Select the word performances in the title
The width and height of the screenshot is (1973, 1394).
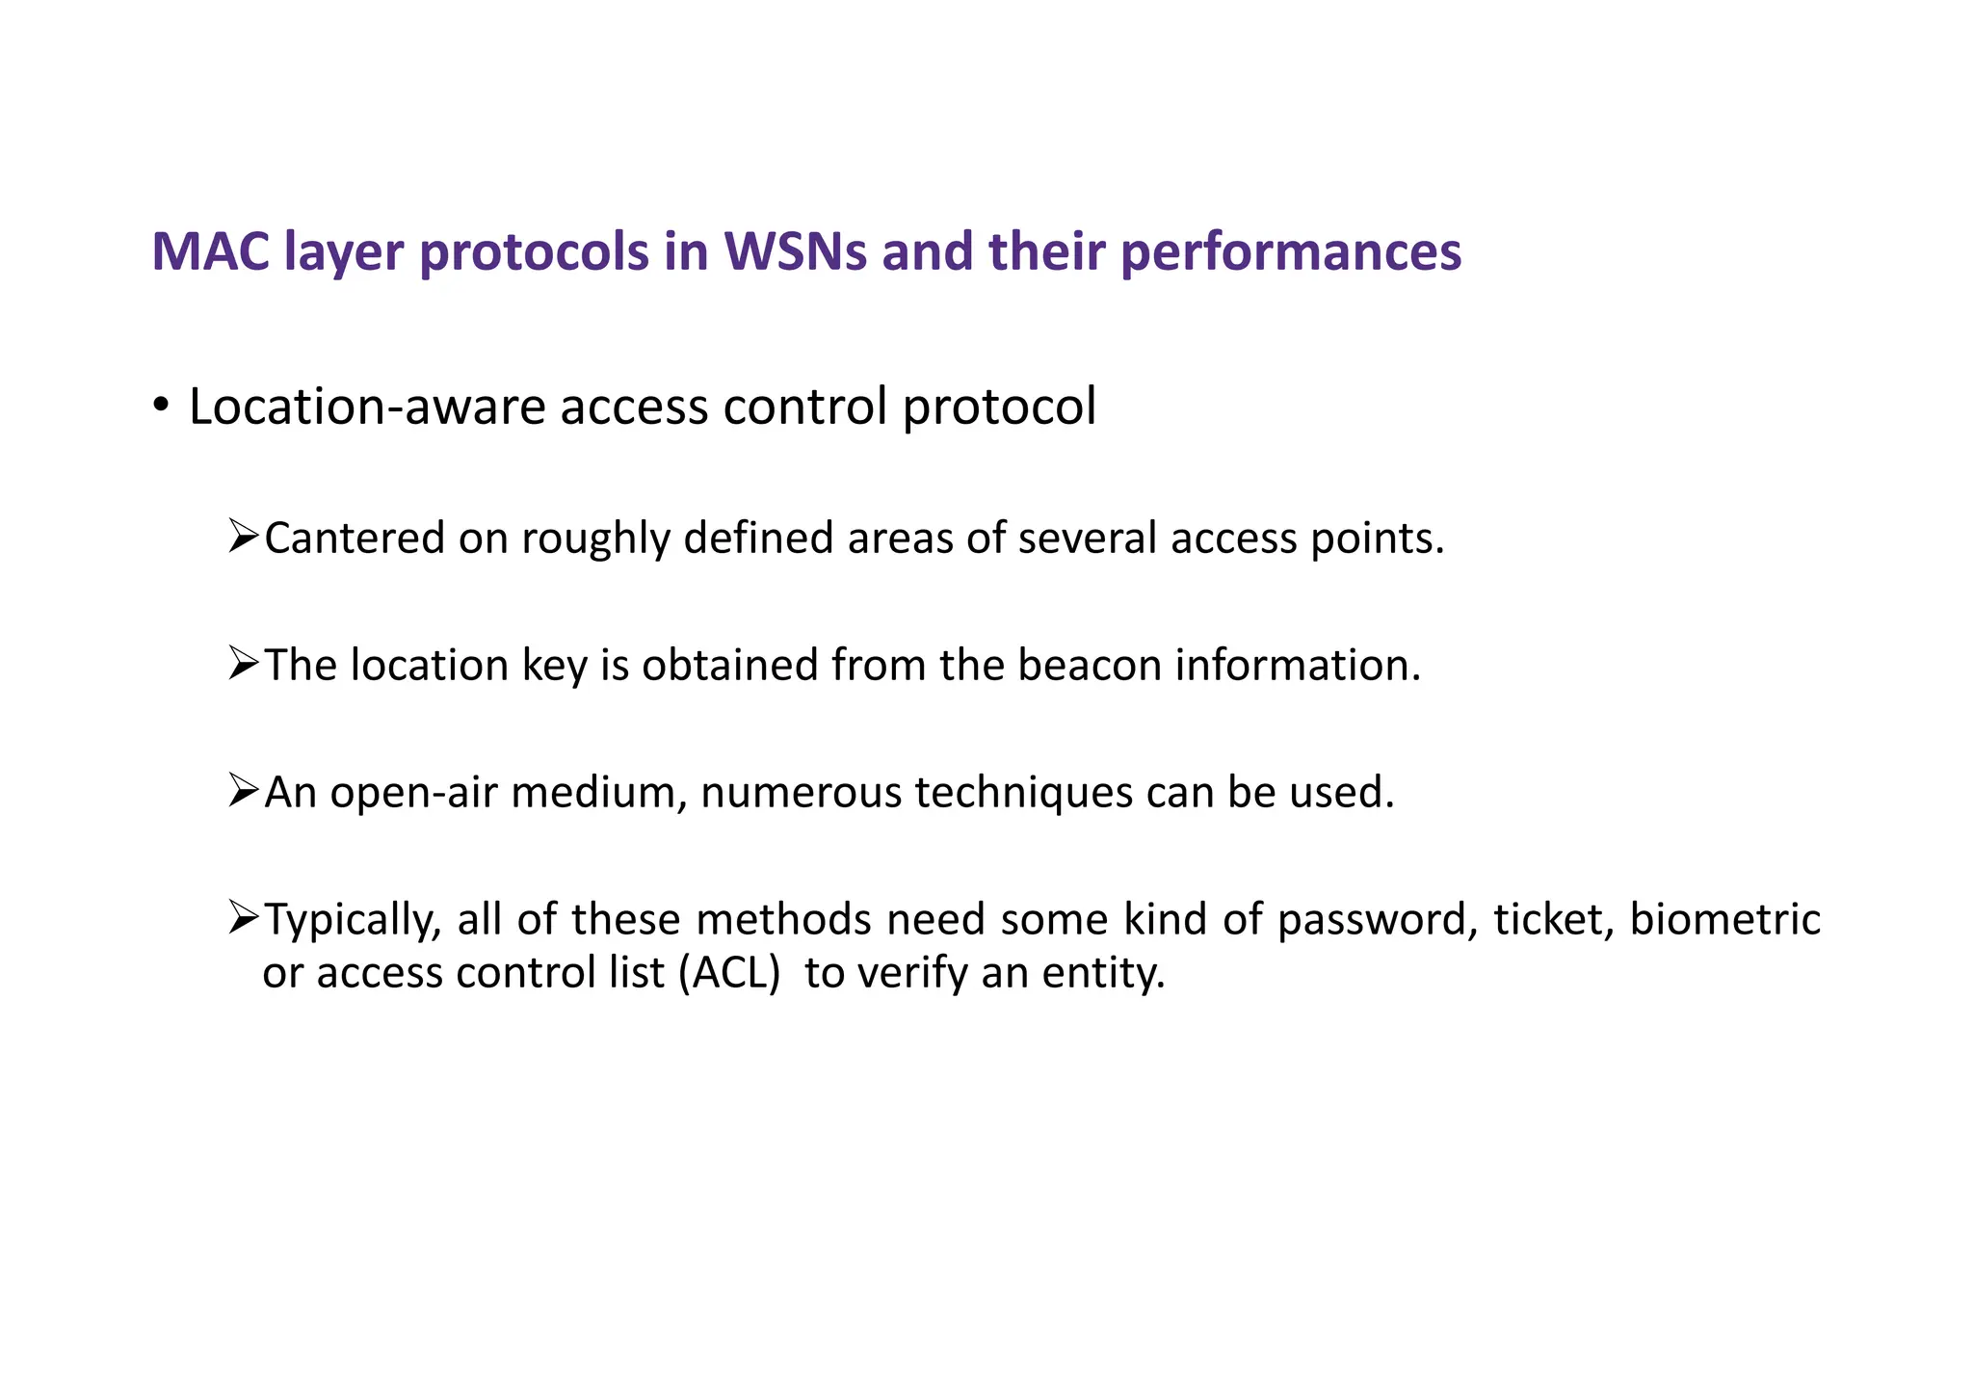(x=1291, y=251)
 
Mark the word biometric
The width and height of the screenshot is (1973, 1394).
(x=1724, y=919)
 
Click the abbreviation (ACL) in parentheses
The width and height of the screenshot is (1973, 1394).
(x=728, y=973)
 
